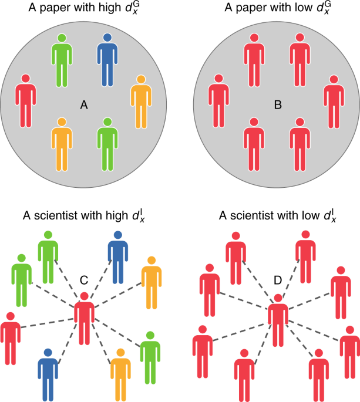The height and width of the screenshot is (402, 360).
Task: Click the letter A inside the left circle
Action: pos(84,105)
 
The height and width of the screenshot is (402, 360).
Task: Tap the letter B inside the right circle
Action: pos(278,106)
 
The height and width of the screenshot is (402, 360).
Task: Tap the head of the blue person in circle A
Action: pos(107,38)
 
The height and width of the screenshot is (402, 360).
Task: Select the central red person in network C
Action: pos(85,320)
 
